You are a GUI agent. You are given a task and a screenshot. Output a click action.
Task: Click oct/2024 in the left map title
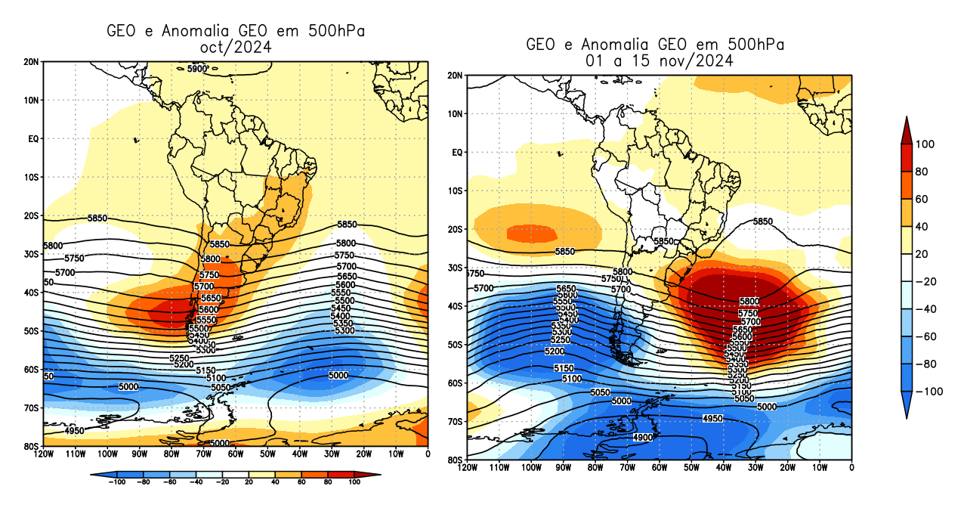click(x=235, y=47)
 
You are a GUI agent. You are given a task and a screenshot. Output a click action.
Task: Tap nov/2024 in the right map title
click(x=697, y=60)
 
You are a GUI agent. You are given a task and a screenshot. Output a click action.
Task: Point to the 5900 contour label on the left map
click(x=196, y=70)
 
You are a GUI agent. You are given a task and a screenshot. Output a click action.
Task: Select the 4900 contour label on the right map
click(x=643, y=437)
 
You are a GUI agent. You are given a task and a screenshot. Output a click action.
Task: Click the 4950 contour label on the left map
click(x=74, y=431)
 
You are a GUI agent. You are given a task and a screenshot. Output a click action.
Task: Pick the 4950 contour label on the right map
click(x=712, y=418)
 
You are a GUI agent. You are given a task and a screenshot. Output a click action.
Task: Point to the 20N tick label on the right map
click(x=456, y=76)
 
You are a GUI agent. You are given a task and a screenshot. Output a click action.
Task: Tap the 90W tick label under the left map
click(x=139, y=454)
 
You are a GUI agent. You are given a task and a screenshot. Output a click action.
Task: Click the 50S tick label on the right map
click(x=456, y=345)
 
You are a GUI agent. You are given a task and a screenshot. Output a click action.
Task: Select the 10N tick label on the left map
click(x=32, y=100)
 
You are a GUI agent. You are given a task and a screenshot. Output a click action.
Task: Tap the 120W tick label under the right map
click(x=468, y=468)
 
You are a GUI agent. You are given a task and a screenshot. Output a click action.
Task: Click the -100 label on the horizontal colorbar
click(x=116, y=482)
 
